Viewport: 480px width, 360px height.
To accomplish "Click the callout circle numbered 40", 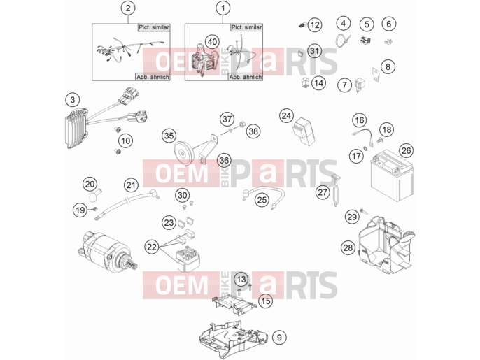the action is (x=212, y=42).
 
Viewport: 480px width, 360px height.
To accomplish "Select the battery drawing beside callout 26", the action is (x=392, y=175).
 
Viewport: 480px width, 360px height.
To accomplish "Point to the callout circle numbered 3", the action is (x=73, y=100).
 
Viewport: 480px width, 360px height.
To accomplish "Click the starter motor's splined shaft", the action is (x=132, y=262).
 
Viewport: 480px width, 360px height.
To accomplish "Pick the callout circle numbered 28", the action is (x=348, y=247).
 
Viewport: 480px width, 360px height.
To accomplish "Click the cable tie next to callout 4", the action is (x=343, y=40).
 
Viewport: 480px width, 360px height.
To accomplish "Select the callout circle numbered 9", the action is (x=279, y=338).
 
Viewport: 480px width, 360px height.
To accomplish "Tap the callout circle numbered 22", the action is (x=152, y=247).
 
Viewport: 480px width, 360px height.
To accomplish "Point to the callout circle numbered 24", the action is (x=286, y=116).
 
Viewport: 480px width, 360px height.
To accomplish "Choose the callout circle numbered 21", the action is (x=131, y=185).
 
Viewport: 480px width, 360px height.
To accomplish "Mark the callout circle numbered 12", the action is (x=315, y=24).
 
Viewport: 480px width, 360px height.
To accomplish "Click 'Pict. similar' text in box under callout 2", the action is (x=154, y=27).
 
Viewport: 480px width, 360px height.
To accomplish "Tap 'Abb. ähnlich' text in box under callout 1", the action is (x=246, y=77).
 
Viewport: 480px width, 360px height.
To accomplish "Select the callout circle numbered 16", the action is (x=360, y=120).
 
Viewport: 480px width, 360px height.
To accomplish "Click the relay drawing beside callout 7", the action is (x=359, y=85).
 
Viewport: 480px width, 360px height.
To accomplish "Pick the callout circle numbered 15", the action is (x=266, y=301).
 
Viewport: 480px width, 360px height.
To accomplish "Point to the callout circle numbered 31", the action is (x=314, y=51).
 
